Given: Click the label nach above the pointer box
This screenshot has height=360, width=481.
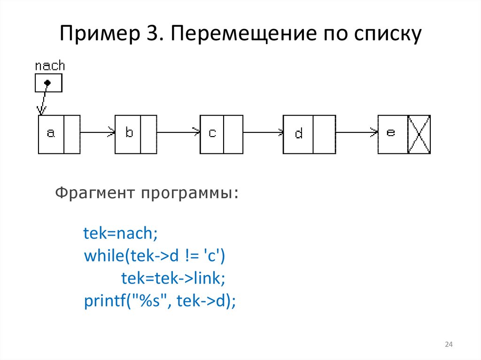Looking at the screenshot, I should coord(50,66).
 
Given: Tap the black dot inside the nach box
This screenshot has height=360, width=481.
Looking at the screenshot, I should coord(47,83).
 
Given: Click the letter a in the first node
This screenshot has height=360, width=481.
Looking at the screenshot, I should coord(51,134).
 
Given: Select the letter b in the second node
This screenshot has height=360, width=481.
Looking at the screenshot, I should coord(129,133).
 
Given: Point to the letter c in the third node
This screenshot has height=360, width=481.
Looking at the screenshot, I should coord(212,134).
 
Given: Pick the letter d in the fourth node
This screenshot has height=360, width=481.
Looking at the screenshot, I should coord(299,134).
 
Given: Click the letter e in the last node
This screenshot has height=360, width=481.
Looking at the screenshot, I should coord(391,133).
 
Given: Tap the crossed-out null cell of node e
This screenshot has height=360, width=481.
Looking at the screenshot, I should coord(419,134).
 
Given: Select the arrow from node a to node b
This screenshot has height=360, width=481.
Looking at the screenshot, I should coord(98,133).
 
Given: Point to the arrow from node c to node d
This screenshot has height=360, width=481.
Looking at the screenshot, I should coord(263,133).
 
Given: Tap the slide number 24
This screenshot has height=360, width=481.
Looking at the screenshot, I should coord(448,345).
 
